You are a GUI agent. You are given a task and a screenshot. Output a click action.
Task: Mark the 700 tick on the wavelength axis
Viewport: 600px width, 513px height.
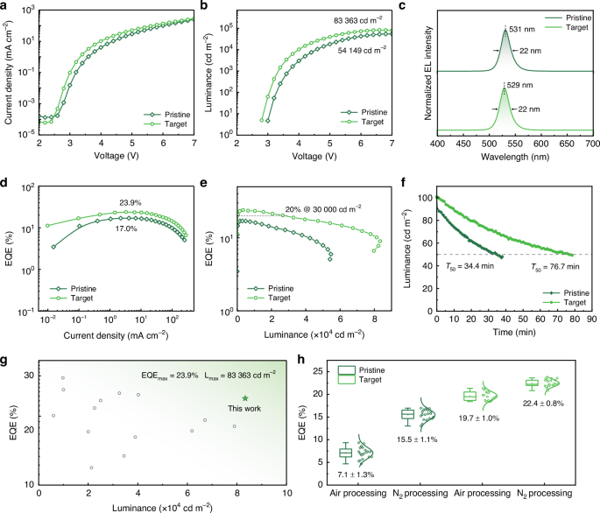pyautogui.click(x=591, y=143)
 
